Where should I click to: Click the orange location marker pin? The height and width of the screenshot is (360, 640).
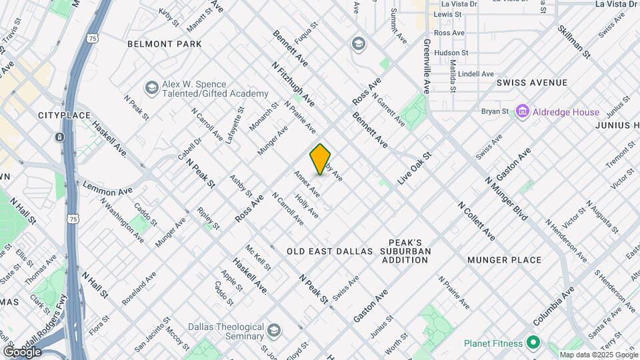(x=321, y=159)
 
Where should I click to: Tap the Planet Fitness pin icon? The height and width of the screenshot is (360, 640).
(x=533, y=343)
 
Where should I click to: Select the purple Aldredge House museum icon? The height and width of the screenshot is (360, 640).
(x=522, y=111)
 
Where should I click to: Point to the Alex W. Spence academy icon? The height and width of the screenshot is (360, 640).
(x=151, y=88)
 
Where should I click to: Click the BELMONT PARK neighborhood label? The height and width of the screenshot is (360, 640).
(x=164, y=44)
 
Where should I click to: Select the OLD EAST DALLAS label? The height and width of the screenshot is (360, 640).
(x=329, y=251)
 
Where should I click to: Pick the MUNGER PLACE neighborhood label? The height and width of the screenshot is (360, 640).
(x=504, y=260)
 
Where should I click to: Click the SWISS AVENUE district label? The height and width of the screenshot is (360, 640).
(x=532, y=83)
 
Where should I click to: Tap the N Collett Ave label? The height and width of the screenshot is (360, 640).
(x=477, y=220)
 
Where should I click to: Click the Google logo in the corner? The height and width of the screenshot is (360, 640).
(x=22, y=351)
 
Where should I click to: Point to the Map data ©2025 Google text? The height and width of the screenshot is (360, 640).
(x=599, y=355)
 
